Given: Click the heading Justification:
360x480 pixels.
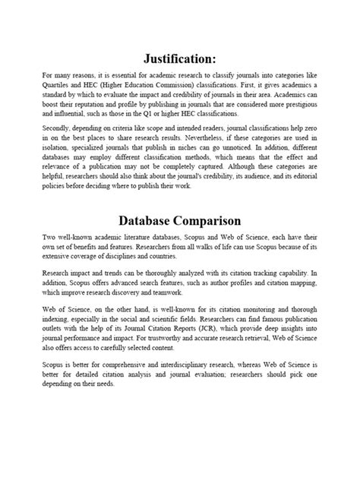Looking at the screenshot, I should [180, 58].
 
